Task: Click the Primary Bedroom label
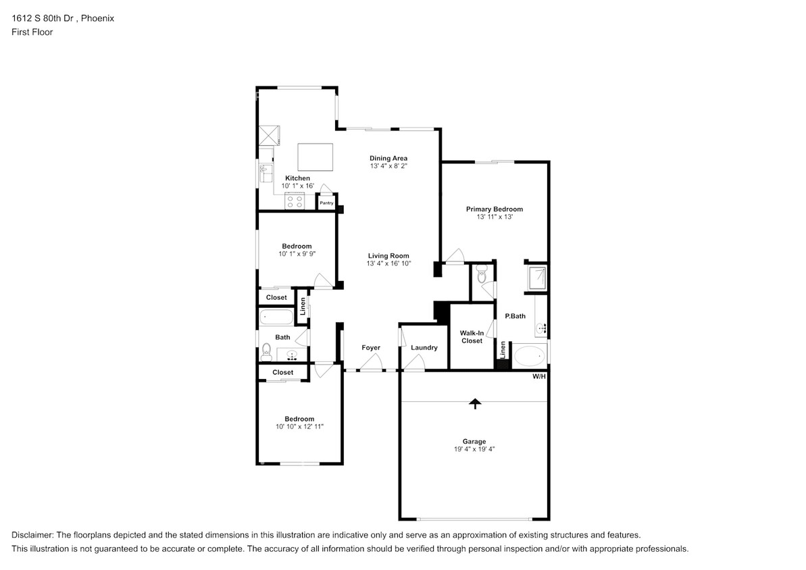pos(494,209)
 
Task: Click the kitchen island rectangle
pos(316,158)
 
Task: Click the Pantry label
pos(326,203)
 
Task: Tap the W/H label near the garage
pos(538,376)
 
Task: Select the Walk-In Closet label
pos(472,336)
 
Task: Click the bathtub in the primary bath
pos(529,356)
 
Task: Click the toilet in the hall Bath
pos(266,351)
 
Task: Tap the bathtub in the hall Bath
pos(275,317)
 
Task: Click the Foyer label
pos(371,348)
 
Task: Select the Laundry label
pos(424,348)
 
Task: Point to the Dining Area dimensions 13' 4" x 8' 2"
pos(388,165)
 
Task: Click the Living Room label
pos(388,256)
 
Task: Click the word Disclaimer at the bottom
pos(34,534)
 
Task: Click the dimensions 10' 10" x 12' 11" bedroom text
pos(299,427)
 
